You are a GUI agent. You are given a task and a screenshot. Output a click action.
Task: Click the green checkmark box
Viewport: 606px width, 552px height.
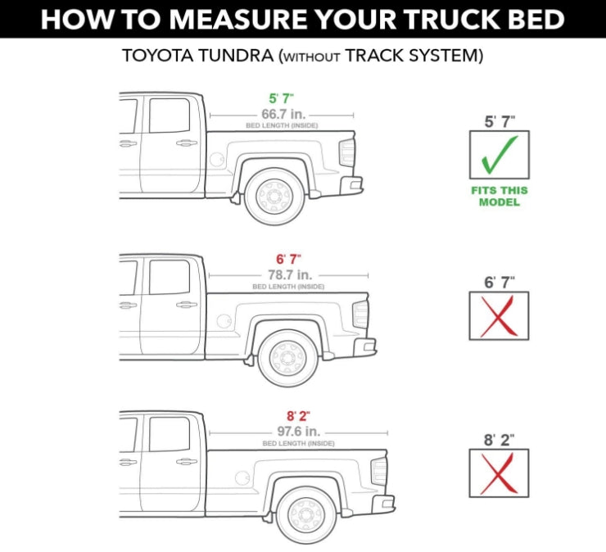[499, 155]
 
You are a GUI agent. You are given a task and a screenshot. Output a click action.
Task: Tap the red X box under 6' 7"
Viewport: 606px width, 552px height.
[499, 315]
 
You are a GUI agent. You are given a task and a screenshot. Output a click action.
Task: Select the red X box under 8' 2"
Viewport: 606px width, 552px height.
[499, 473]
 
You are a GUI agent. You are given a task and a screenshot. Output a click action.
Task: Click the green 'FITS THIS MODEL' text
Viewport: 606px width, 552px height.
[499, 196]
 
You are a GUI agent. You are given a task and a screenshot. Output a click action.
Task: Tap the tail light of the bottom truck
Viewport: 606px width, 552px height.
[379, 471]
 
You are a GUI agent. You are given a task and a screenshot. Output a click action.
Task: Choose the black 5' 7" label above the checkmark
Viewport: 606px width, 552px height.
[499, 122]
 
